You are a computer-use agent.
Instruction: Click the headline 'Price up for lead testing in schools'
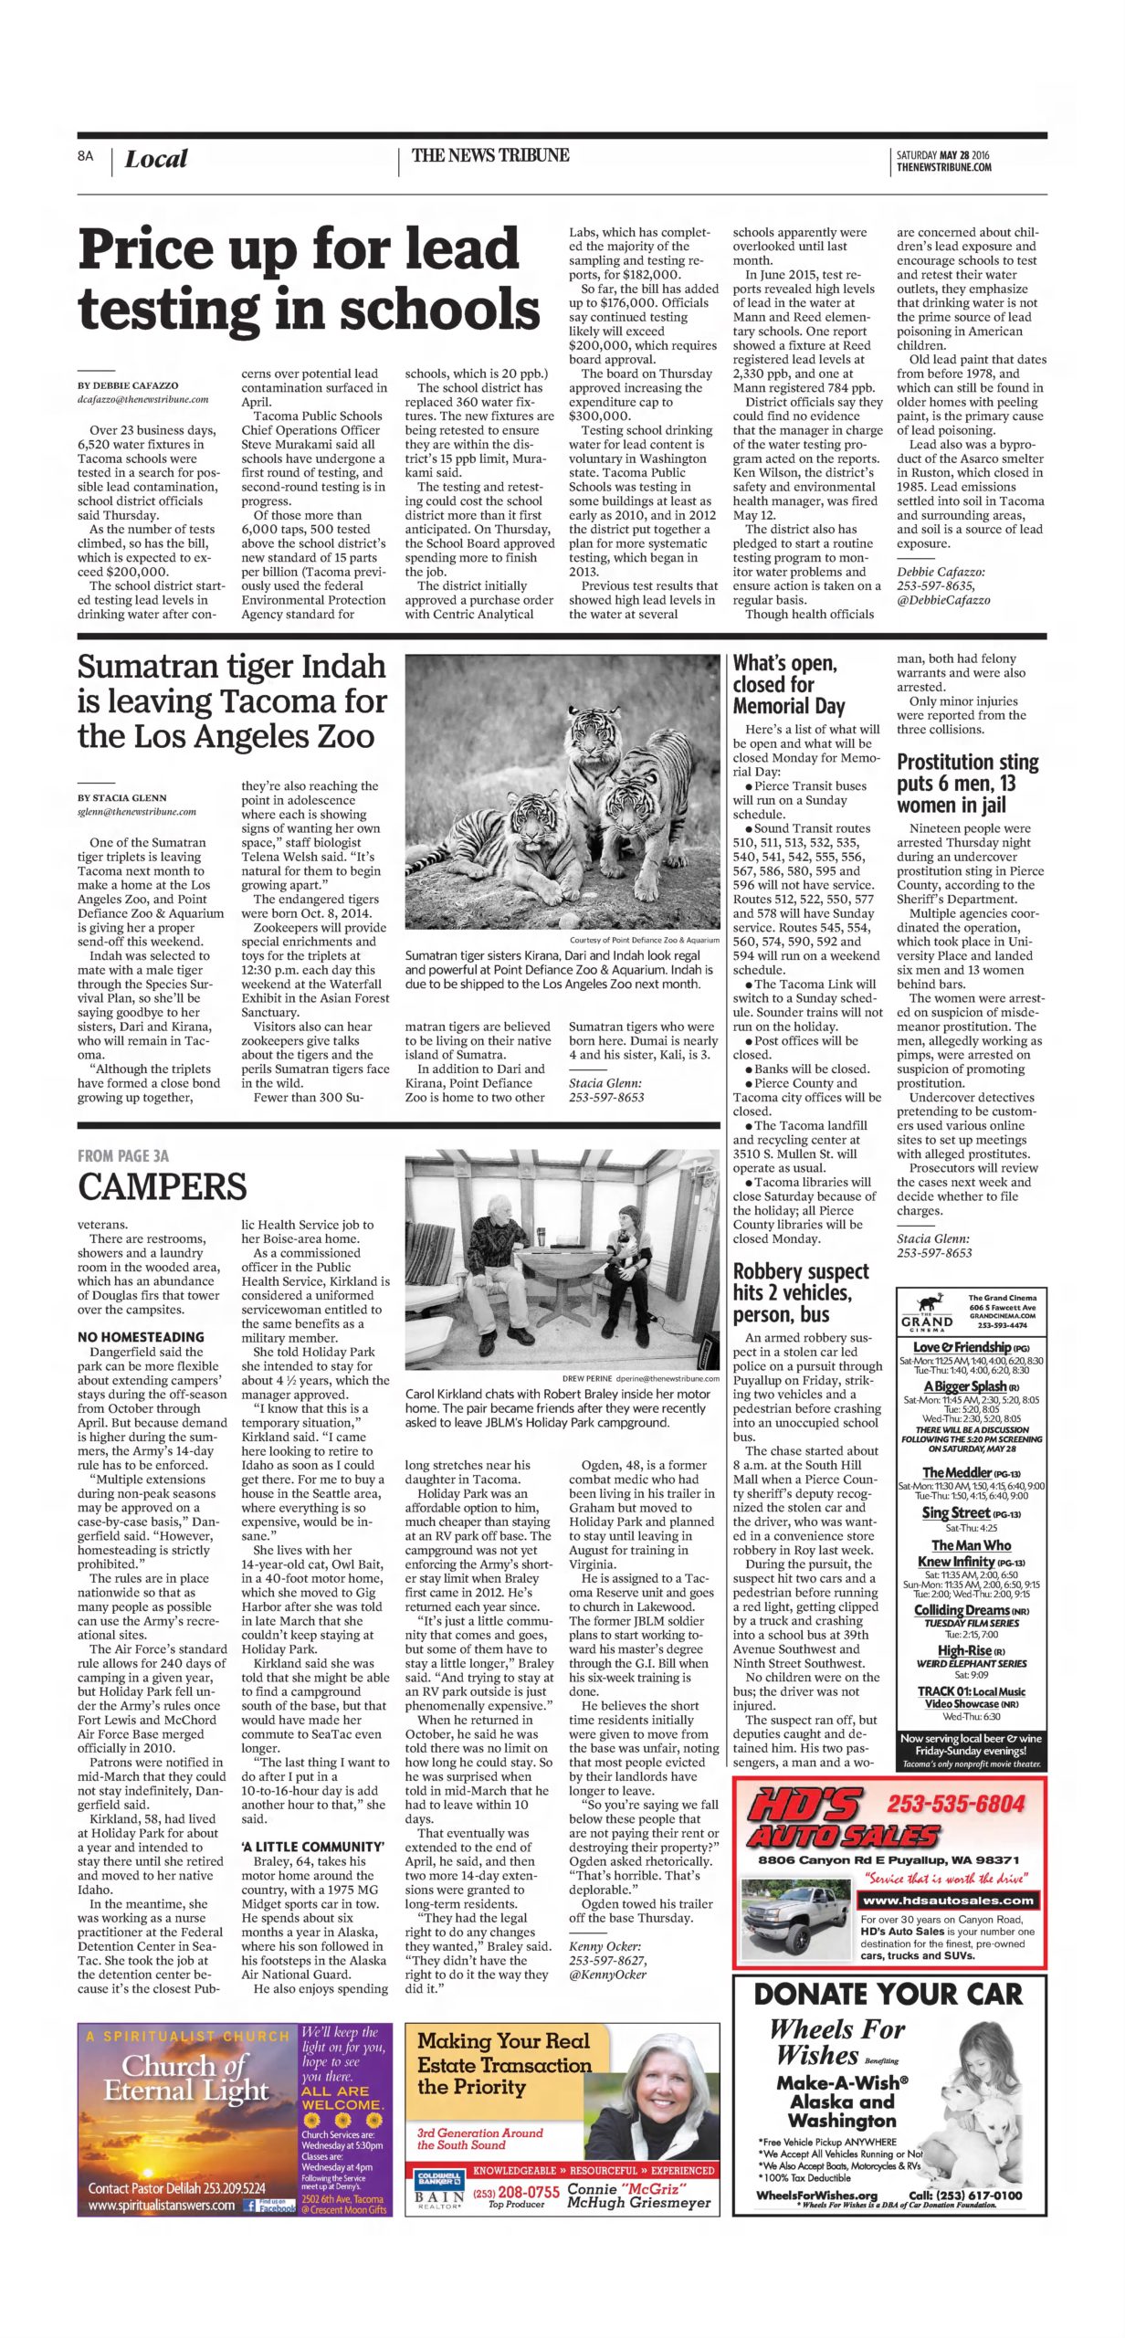(309, 279)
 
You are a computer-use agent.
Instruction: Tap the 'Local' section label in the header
(155, 160)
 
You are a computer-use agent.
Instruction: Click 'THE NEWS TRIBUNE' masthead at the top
(490, 155)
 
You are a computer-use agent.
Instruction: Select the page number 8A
(86, 156)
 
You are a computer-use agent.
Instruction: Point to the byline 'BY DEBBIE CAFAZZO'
(128, 385)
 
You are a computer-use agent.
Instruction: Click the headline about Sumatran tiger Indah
(232, 700)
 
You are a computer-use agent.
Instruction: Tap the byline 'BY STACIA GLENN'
(122, 797)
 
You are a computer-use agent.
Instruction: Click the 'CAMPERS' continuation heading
(162, 1186)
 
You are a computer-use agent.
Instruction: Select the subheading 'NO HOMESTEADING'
(141, 1337)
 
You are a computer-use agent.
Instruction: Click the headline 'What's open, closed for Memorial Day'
(789, 684)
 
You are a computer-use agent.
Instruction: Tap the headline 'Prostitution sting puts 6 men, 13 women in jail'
(967, 783)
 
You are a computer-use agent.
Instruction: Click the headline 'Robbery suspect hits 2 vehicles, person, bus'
(801, 1292)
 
